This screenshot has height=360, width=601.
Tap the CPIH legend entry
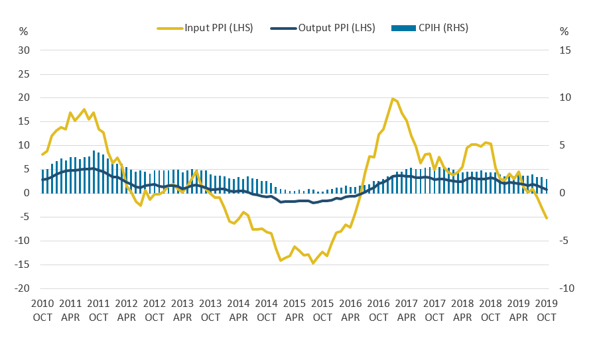[x=434, y=28]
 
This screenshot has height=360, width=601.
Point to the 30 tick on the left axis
[x=25, y=50]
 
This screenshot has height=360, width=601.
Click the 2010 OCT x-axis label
[x=42, y=310]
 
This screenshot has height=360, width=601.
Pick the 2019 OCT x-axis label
[x=547, y=310]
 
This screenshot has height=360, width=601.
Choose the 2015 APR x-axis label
[x=295, y=310]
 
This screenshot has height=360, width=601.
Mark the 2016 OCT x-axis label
[x=379, y=310]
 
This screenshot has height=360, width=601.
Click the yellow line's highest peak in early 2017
[x=393, y=99]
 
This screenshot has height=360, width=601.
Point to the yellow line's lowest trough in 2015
[x=313, y=263]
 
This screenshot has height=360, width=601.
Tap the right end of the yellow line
[x=547, y=218]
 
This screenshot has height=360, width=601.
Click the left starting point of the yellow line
[x=42, y=154]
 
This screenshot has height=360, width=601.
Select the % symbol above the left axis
[x=24, y=31]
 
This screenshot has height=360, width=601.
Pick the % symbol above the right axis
[x=565, y=31]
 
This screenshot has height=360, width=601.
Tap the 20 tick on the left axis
[x=25, y=98]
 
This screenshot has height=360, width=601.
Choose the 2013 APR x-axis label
[x=182, y=310]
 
